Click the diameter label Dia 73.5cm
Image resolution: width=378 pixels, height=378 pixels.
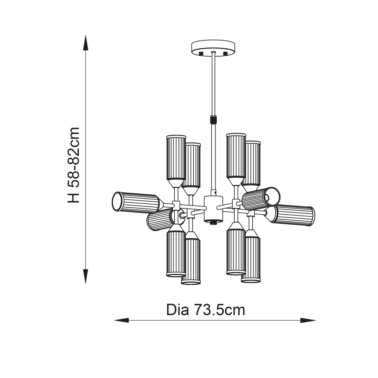pos(206,310)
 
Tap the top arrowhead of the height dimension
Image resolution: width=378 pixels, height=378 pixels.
pos(86,44)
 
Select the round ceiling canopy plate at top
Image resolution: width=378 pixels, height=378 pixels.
pos(213,47)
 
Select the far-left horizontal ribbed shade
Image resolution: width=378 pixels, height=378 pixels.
pos(136,202)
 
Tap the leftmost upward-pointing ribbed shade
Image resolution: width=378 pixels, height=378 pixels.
pos(175,158)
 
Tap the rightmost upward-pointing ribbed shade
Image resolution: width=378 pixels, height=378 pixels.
pos(252,162)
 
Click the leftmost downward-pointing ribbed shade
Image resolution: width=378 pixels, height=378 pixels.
pos(175,253)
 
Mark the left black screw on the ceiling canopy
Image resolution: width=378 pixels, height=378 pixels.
pos(202,53)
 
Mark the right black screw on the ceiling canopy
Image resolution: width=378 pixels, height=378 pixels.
pos(225,53)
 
